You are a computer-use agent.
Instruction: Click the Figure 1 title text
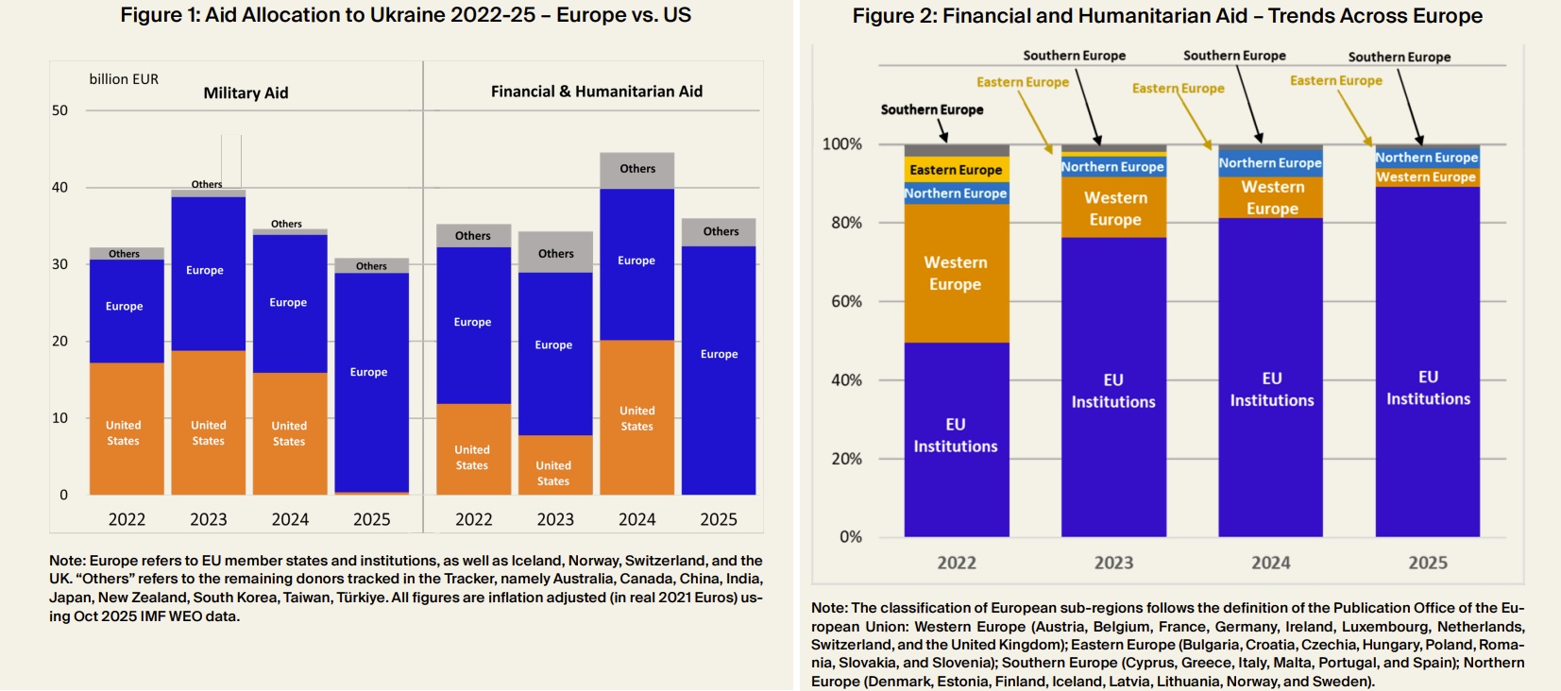405,15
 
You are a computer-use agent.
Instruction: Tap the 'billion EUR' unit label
124,79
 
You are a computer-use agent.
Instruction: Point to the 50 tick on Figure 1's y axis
59,110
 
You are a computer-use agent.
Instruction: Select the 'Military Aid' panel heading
246,93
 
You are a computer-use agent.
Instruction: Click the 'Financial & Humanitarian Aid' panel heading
596,92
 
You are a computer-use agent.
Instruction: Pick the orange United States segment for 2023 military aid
208,423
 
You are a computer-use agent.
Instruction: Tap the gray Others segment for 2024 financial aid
636,170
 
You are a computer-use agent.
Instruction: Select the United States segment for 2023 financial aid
554,464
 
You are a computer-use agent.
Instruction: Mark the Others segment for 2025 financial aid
720,232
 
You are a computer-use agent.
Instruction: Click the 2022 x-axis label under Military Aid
127,519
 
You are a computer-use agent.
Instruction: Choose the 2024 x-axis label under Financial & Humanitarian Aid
636,519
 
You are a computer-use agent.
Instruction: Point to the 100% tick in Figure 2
841,144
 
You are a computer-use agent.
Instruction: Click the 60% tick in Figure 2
846,301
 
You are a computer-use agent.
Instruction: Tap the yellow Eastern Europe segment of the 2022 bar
956,170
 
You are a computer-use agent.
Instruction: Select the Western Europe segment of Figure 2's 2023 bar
1114,209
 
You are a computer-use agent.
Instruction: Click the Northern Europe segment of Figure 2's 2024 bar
1270,162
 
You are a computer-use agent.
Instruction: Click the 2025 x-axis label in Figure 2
1427,563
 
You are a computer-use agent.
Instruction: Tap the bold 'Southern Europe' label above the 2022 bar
931,110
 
